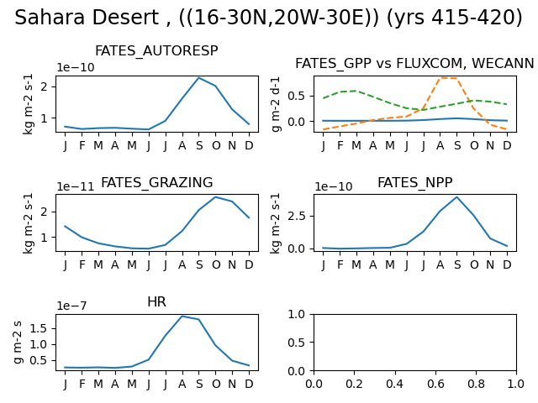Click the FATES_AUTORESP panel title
pos(156,51)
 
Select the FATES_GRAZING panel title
pos(157,183)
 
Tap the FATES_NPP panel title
pos(414,183)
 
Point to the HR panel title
pos(157,302)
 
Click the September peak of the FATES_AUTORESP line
pos(199,78)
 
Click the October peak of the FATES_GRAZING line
pos(216,197)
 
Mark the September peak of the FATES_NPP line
pos(457,197)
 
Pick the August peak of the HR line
pos(182,317)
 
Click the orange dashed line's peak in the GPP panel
pos(440,78)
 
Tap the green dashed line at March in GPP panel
pos(356,91)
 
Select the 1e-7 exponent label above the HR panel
pos(71,306)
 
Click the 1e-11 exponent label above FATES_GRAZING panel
pos(75,186)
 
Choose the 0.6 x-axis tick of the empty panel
pos(435,384)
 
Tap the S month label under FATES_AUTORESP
pos(199,145)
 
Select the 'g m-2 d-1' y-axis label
pos(276,104)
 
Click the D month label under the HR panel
pos(249,384)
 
